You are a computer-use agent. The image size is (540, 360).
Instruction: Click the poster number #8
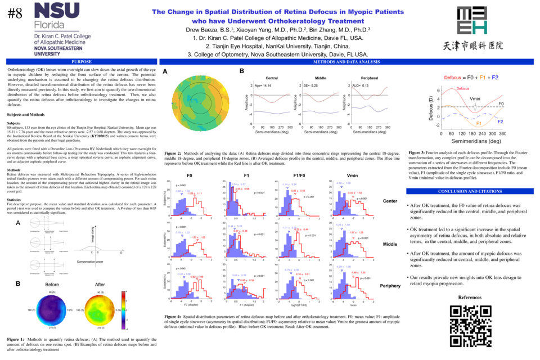pos(15,13)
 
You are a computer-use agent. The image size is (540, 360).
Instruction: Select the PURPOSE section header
pos(82,62)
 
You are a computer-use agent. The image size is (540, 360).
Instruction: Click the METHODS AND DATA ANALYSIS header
pos(346,62)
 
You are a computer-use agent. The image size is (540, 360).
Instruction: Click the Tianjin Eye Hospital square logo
pos(472,20)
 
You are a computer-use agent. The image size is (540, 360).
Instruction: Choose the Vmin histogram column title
pos(353,176)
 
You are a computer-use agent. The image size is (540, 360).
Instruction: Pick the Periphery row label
pos(390,286)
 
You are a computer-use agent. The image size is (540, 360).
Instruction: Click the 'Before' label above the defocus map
pos(52,285)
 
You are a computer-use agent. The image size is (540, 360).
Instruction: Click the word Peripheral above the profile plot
pos(369,78)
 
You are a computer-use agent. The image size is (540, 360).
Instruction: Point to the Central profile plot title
pos(271,78)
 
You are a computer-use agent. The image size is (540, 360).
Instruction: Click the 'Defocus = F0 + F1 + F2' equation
pos(471,76)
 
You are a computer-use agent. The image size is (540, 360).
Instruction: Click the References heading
pos(470,297)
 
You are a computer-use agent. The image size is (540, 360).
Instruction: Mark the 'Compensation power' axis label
pos(91,262)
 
